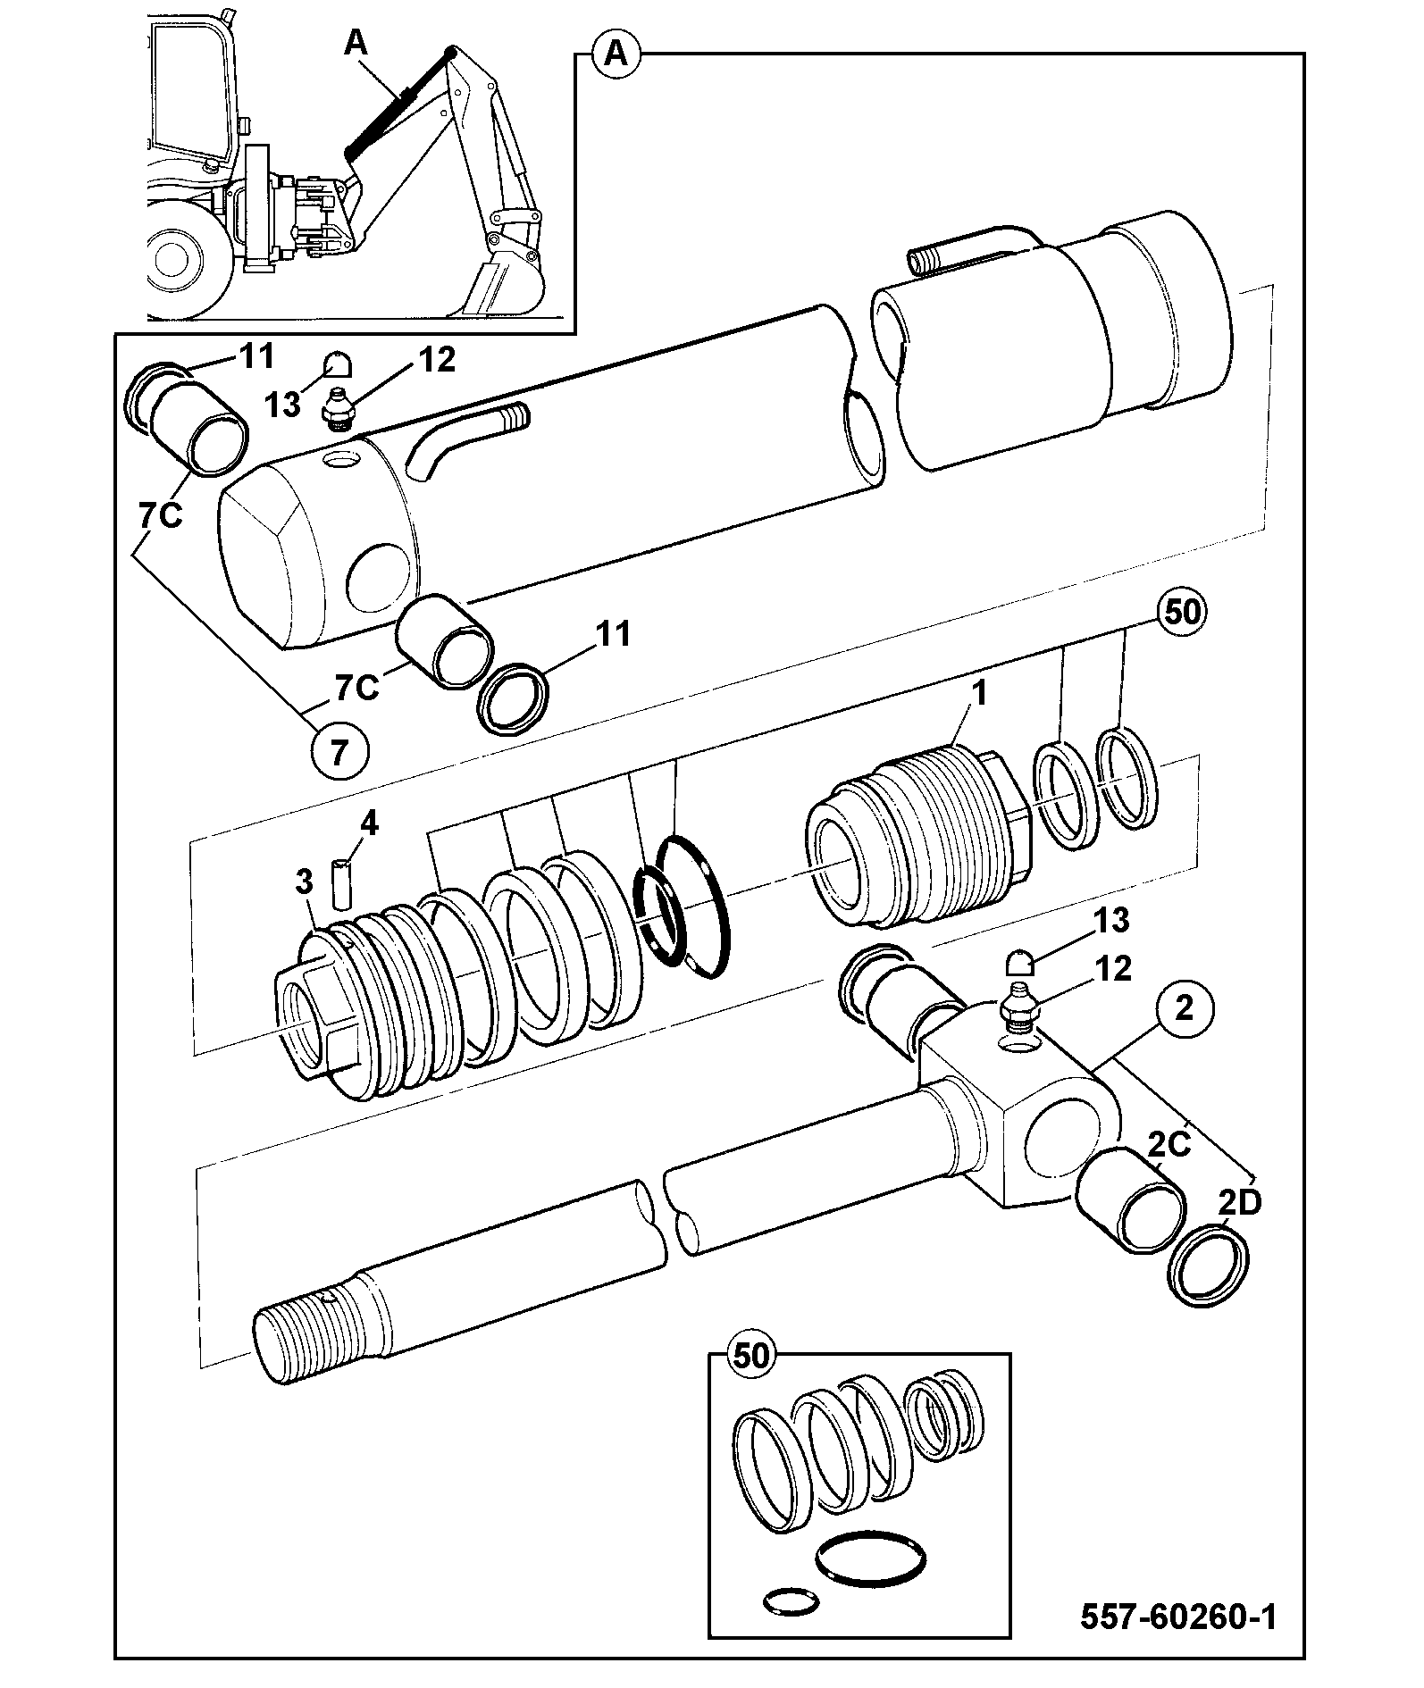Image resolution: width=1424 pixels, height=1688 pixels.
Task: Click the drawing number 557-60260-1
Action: tap(1178, 1617)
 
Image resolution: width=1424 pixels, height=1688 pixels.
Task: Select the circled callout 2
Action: tap(1185, 1009)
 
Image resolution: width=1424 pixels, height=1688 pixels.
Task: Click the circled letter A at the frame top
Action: tap(615, 55)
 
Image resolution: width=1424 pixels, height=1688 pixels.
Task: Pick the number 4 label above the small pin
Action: tap(368, 823)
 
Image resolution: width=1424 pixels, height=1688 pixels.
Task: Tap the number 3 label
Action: tap(304, 883)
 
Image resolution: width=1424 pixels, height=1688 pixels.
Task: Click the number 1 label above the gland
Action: tap(979, 693)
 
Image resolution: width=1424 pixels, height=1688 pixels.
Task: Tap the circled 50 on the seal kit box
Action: tap(751, 1357)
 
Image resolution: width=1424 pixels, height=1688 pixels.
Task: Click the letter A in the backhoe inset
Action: tap(356, 43)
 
